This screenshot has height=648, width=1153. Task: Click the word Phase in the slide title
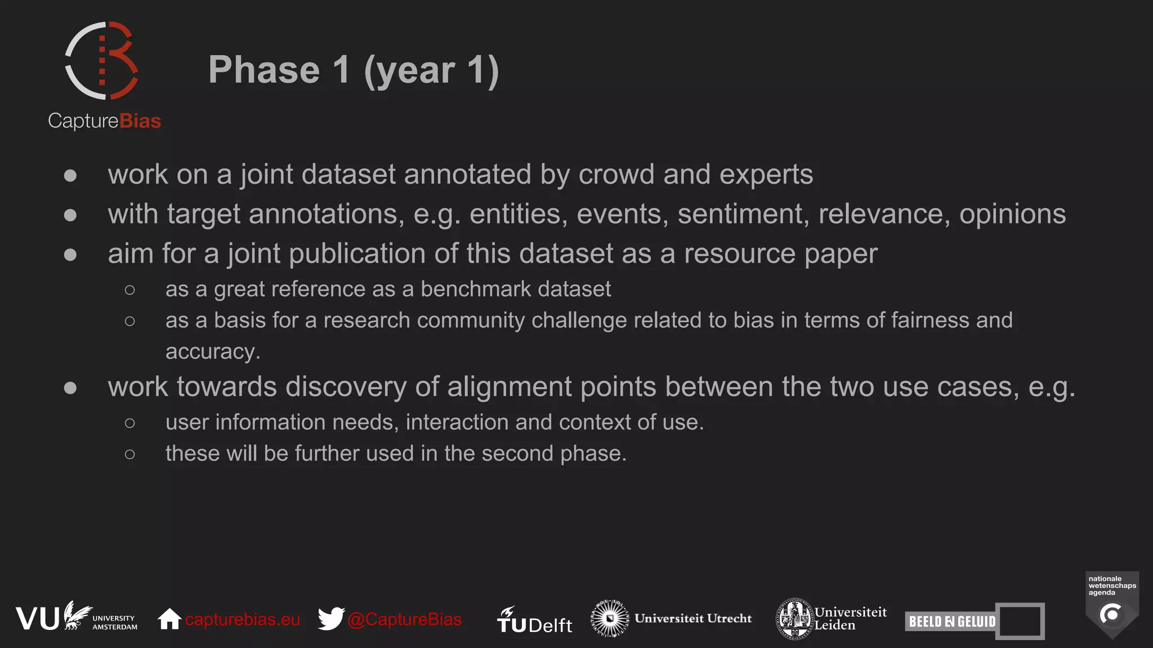click(x=263, y=70)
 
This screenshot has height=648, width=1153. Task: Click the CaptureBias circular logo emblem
click(x=102, y=61)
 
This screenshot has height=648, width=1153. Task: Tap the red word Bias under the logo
click(x=140, y=121)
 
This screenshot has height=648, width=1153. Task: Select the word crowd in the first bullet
click(x=616, y=174)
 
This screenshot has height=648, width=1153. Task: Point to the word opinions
click(x=1012, y=214)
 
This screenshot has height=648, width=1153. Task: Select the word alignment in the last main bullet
click(x=509, y=387)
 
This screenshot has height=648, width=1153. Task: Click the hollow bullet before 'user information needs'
click(x=130, y=423)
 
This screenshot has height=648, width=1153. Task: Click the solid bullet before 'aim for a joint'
click(x=70, y=255)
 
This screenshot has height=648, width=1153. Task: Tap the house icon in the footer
click(x=169, y=619)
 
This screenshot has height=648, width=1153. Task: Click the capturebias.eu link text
click(x=242, y=619)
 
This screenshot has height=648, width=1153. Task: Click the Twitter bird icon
click(x=331, y=619)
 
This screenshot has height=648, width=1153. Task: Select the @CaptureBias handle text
click(x=404, y=619)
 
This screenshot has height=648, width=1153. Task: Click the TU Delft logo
click(x=534, y=620)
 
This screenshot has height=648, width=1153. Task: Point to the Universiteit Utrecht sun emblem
click(x=609, y=618)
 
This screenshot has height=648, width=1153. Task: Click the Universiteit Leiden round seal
click(x=794, y=618)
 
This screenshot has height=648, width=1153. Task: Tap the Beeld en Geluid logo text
click(x=952, y=622)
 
